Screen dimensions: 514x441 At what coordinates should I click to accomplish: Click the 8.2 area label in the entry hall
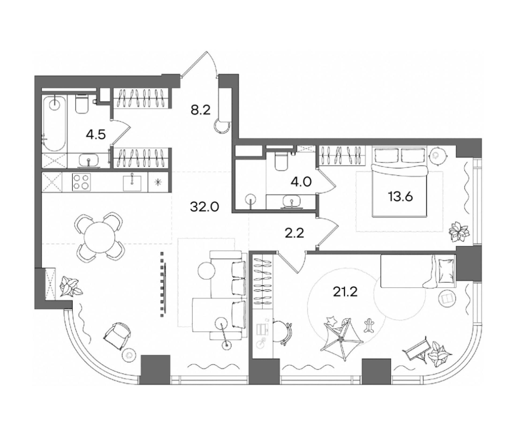click(x=201, y=110)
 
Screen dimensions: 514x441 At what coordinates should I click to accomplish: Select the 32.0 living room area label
click(x=205, y=207)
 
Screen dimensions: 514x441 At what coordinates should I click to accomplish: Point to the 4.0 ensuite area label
click(x=301, y=182)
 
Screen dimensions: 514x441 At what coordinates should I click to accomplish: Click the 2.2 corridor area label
click(x=294, y=233)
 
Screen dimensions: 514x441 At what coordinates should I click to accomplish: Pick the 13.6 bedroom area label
click(x=400, y=197)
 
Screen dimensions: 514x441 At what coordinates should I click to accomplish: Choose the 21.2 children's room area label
click(x=345, y=292)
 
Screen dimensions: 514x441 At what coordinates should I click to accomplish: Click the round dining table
click(x=99, y=237)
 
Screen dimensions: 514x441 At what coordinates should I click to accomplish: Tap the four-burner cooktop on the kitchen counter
click(x=81, y=182)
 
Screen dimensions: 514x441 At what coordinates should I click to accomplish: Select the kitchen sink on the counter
click(x=132, y=182)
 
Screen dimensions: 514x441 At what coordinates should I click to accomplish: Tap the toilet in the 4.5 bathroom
click(x=82, y=104)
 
